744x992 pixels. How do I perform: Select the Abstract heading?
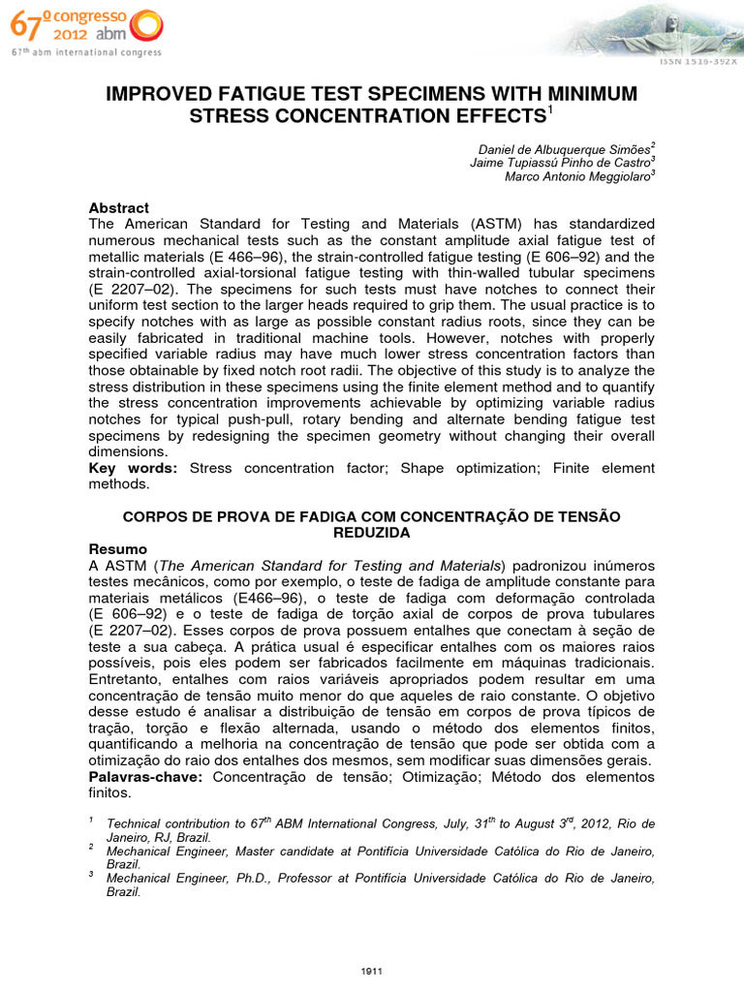118,208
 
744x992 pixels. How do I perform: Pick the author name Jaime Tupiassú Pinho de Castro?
560,162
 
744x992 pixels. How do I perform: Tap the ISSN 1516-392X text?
698,60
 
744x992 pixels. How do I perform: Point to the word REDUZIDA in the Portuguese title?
371,533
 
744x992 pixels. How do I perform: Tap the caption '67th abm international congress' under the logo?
86,52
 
